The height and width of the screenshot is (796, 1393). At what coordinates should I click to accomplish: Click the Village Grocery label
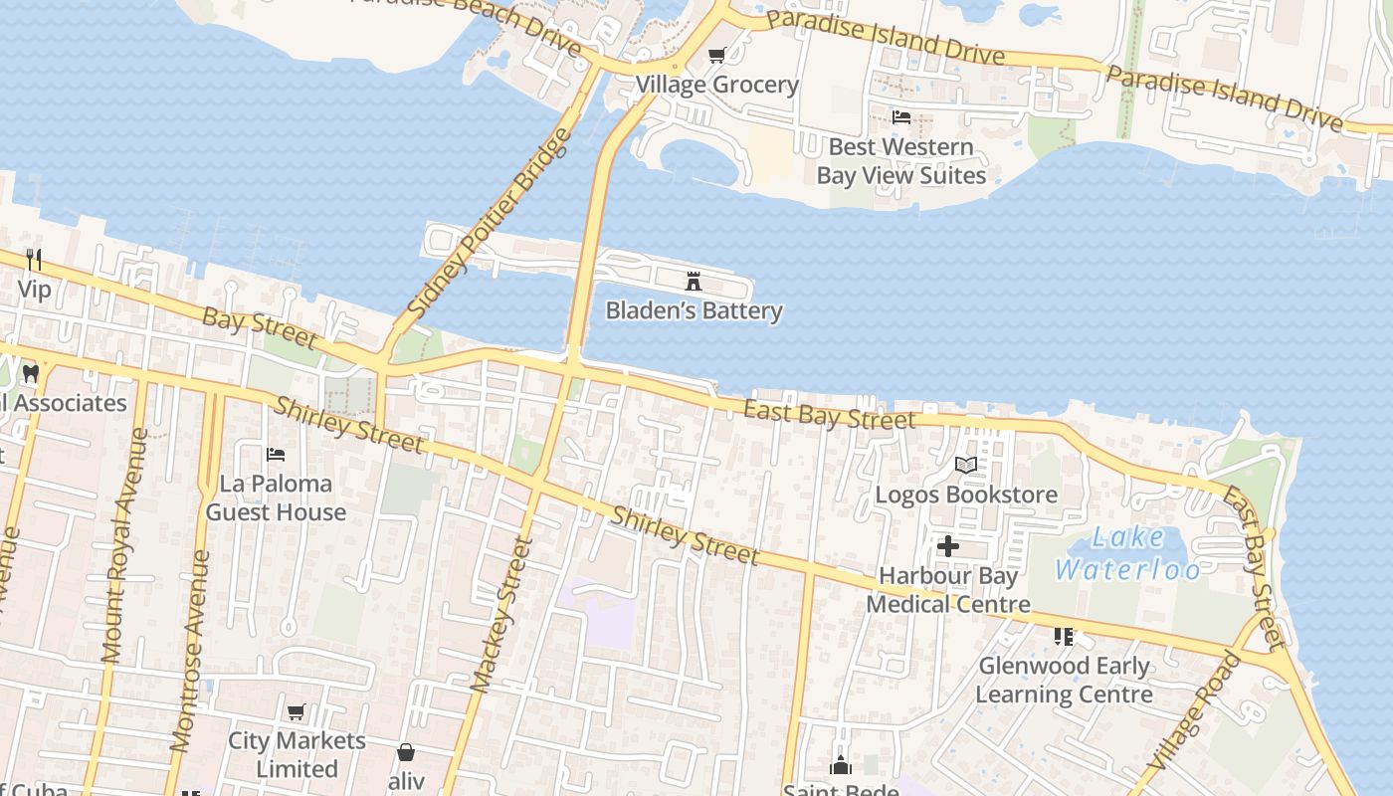717,85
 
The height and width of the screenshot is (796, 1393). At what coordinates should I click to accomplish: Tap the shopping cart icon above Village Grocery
717,56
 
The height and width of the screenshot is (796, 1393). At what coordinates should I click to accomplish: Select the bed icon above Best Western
900,117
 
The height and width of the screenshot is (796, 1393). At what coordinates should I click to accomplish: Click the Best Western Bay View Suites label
900,161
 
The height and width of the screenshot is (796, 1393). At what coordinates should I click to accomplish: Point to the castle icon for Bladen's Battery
694,283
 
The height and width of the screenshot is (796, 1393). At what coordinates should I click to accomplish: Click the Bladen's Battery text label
694,311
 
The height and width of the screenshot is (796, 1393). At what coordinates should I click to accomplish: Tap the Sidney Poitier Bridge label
491,224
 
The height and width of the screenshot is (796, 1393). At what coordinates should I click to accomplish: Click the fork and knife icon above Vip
34,261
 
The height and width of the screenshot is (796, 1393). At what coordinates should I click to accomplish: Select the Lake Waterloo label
1128,553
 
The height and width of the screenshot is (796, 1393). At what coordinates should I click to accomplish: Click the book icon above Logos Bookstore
965,465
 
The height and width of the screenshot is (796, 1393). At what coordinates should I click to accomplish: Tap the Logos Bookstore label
965,495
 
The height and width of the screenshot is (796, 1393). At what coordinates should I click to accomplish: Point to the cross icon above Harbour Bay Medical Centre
947,546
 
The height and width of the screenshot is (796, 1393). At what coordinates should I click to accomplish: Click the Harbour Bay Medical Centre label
947,590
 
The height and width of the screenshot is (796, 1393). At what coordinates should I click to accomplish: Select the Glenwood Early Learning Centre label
1064,680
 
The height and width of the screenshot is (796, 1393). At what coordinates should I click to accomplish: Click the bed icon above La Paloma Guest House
276,455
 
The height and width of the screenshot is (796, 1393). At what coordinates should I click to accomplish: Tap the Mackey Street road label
502,615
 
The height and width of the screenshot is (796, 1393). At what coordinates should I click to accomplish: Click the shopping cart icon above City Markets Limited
296,712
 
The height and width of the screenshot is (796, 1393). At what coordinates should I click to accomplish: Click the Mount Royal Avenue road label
123,546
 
